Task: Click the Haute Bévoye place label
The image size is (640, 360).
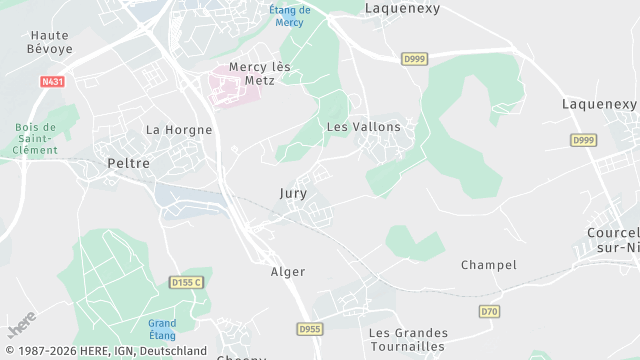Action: pyautogui.click(x=49, y=41)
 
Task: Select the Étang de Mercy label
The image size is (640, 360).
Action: pyautogui.click(x=290, y=16)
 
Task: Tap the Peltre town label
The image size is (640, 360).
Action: pyautogui.click(x=128, y=162)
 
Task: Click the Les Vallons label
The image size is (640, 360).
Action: pyautogui.click(x=363, y=127)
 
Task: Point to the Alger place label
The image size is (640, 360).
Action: pyautogui.click(x=288, y=271)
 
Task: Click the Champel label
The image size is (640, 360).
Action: pyautogui.click(x=488, y=265)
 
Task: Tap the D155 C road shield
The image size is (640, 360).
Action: pyautogui.click(x=187, y=283)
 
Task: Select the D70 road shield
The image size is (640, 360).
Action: pyautogui.click(x=489, y=312)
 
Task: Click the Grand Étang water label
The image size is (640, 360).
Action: pyautogui.click(x=162, y=329)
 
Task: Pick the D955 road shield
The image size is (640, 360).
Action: pyautogui.click(x=310, y=328)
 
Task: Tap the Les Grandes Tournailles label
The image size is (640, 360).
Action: pyautogui.click(x=408, y=339)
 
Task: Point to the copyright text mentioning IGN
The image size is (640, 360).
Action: pyautogui.click(x=104, y=351)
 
